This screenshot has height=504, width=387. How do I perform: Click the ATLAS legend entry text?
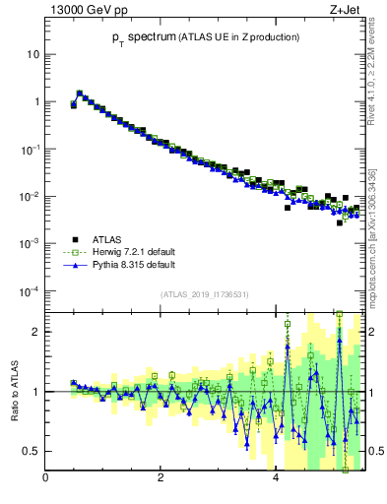(106, 239)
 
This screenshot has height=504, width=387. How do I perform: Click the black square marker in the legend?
(73, 239)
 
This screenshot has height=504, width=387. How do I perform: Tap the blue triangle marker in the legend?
(73, 265)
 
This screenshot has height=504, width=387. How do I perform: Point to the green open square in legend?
(73, 252)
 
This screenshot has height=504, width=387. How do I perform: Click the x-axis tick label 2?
(161, 479)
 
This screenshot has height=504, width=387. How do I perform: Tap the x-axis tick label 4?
(276, 479)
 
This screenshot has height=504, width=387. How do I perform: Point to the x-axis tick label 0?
(45, 479)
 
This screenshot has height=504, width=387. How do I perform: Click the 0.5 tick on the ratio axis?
(31, 451)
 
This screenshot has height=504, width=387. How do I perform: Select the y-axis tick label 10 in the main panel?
(32, 54)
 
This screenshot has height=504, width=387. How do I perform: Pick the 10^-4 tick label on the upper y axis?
(30, 291)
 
